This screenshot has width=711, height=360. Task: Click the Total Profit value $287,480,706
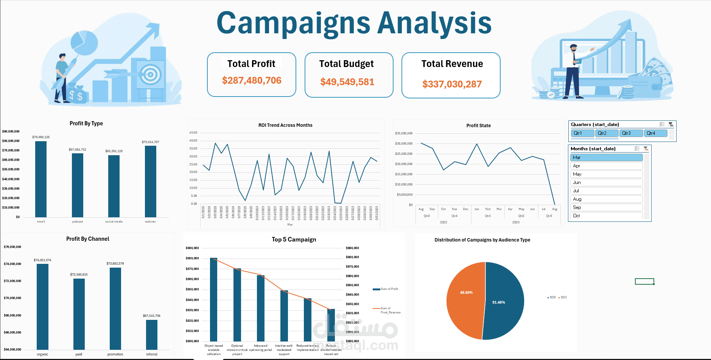pos(252,80)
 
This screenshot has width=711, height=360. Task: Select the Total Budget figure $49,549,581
pos(347,82)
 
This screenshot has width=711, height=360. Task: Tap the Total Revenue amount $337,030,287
pos(452,84)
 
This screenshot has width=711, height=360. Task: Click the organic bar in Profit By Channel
pos(42,306)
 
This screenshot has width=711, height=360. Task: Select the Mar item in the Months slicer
pos(606,157)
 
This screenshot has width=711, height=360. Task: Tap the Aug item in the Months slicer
pos(606,199)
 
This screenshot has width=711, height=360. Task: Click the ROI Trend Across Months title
pos(285,125)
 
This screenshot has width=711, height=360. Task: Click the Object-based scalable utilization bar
pos(214,299)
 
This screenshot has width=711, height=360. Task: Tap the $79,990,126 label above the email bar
pos(41,137)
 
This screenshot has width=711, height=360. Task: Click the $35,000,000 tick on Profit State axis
pos(404,133)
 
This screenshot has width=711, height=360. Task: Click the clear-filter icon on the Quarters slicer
pos(671,125)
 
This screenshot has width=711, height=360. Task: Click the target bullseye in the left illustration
pos(151,74)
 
